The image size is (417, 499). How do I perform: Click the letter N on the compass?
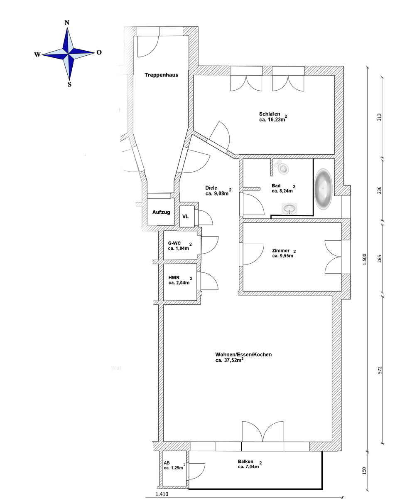click(x=67, y=23)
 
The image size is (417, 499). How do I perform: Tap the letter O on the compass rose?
click(x=99, y=52)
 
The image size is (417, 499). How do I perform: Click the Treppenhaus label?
click(x=161, y=75)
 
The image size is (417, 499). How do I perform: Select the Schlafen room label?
click(x=270, y=114)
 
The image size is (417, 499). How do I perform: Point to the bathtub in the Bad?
click(x=323, y=189)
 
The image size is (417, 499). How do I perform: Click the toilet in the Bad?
click(x=282, y=167)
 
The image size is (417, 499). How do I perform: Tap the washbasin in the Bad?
click(x=289, y=208)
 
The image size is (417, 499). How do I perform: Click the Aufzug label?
click(x=161, y=212)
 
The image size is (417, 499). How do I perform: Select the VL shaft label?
click(x=186, y=217)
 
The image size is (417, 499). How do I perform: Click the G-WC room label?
click(x=174, y=243)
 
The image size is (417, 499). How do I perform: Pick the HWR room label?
click(x=174, y=277)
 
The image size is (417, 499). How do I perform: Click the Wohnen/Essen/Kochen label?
click(x=243, y=355)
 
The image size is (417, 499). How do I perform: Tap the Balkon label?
click(x=245, y=462)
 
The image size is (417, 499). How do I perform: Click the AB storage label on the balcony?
click(x=167, y=463)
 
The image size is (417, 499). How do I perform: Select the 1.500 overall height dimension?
click(x=364, y=259)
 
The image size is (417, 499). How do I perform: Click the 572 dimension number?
click(x=380, y=370)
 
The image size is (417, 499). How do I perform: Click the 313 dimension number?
click(x=380, y=117)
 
